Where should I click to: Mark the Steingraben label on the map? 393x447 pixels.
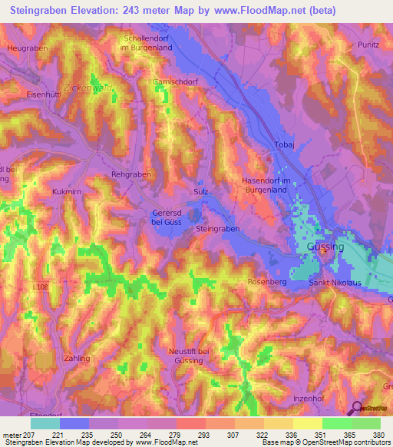(x=218, y=230)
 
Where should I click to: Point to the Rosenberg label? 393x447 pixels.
(x=266, y=283)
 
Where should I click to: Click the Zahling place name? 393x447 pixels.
(x=78, y=359)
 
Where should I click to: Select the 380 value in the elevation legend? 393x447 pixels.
(x=379, y=434)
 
